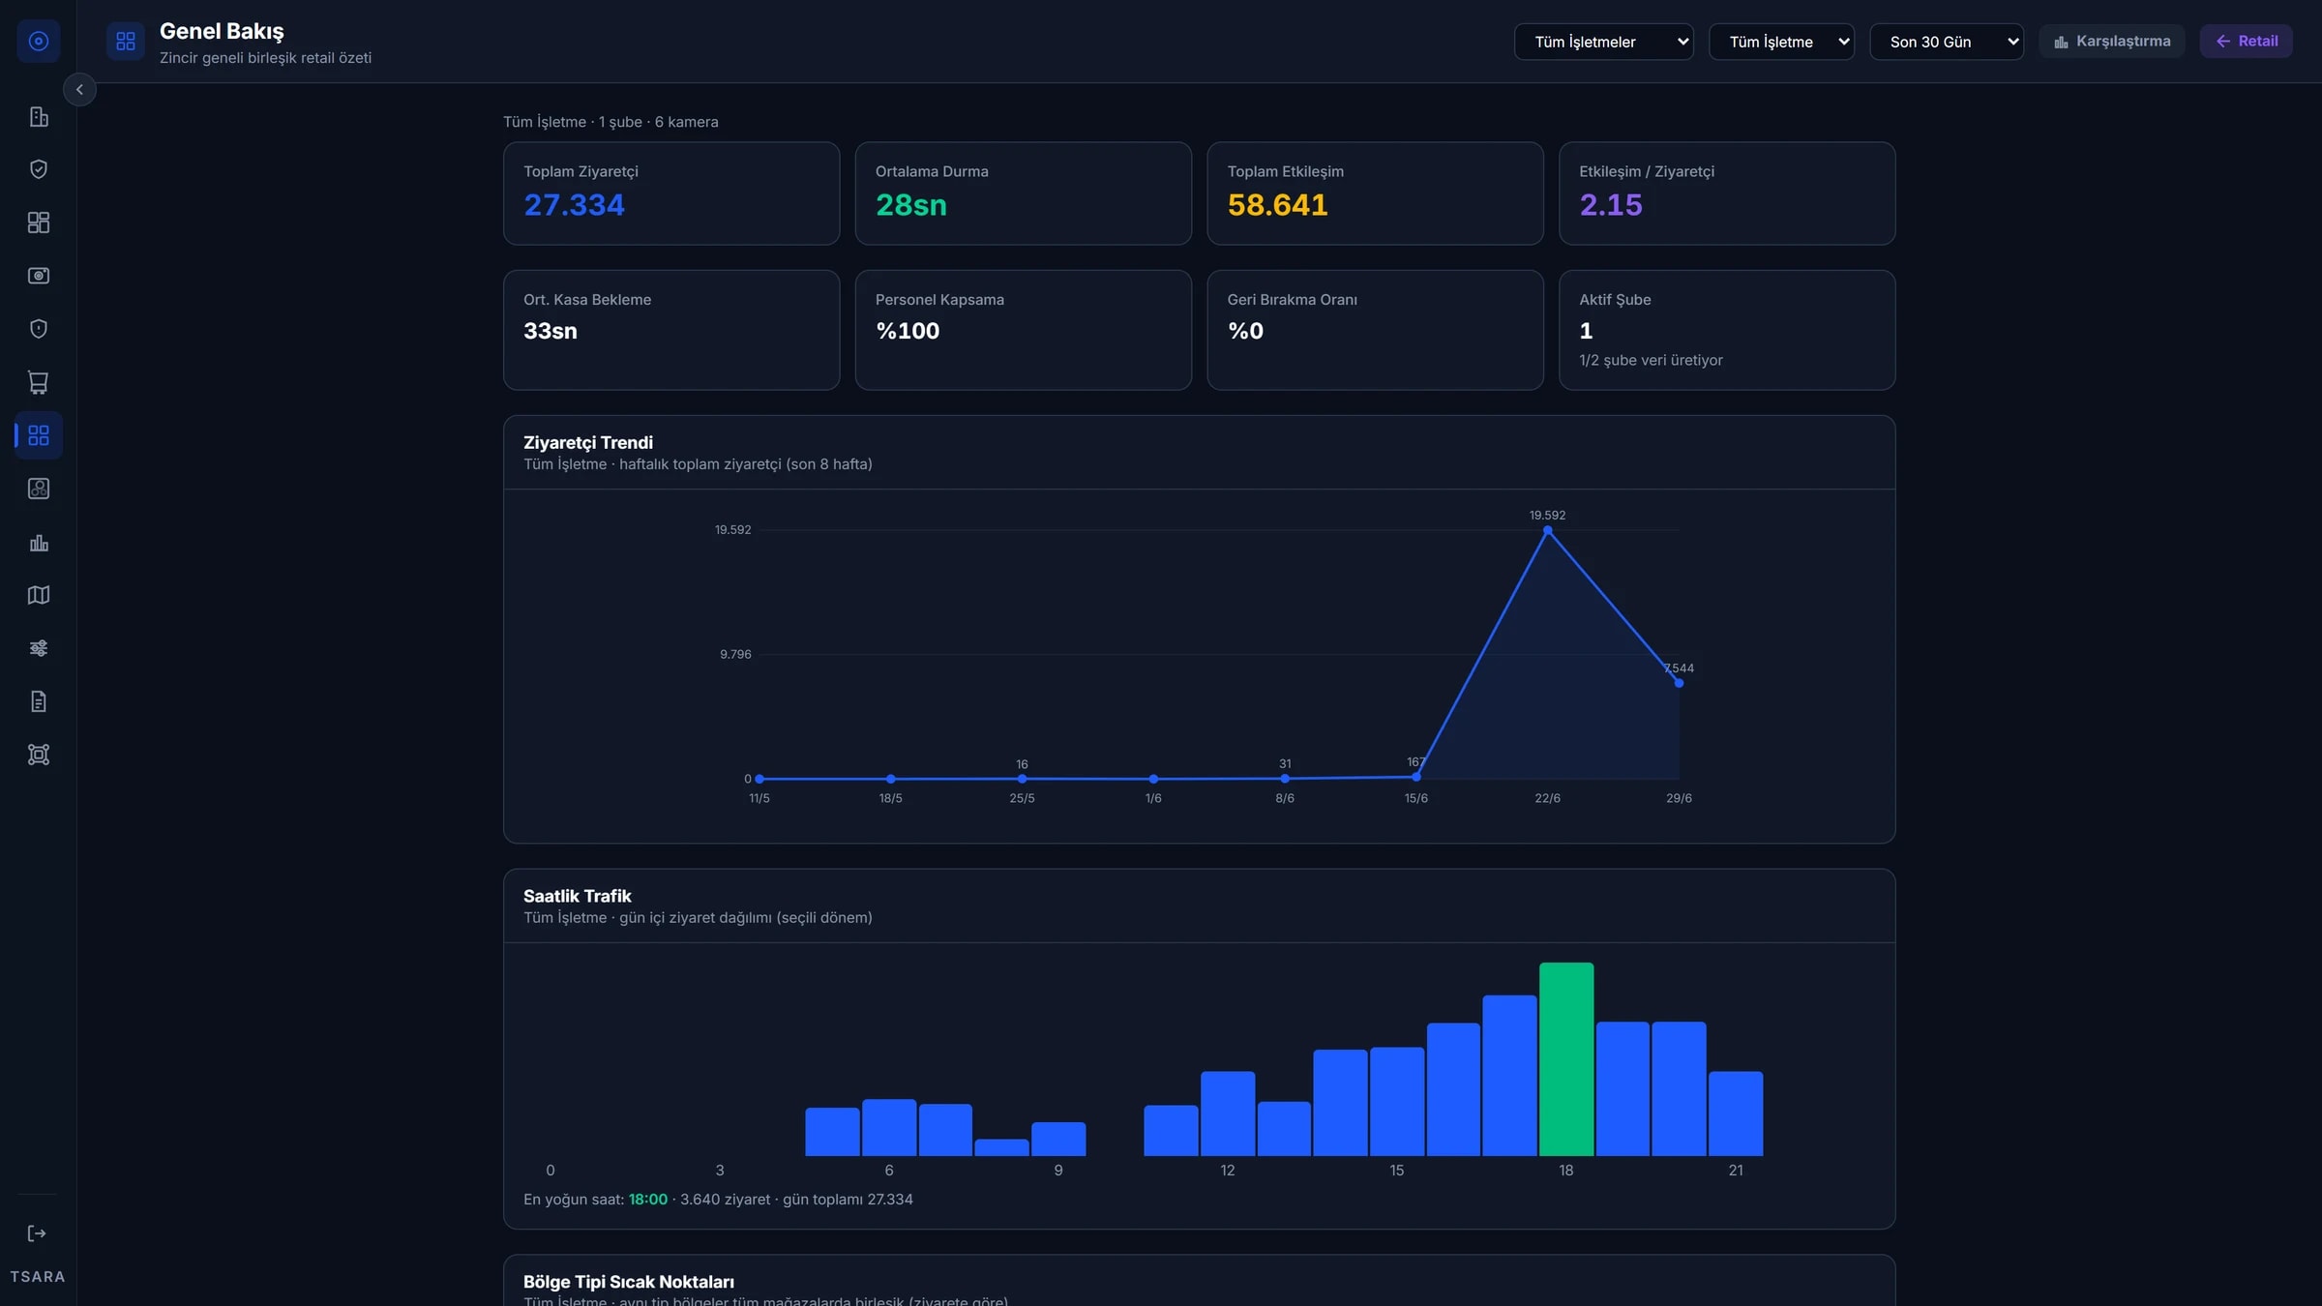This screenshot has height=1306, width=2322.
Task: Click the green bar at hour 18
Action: [1566, 1058]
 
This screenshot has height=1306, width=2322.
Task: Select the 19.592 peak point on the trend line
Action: [1548, 530]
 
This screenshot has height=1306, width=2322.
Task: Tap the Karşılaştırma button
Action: [2112, 42]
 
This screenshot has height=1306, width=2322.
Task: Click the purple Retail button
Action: [2247, 42]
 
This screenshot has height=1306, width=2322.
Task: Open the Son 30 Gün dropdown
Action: [1947, 42]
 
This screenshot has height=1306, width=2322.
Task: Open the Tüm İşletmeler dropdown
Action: [1604, 42]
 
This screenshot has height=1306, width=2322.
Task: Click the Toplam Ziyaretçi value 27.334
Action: [574, 205]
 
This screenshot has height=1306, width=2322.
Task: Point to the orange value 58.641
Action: [1277, 205]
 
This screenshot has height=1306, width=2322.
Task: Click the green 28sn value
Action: [911, 205]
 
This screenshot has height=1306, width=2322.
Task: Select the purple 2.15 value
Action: [1611, 205]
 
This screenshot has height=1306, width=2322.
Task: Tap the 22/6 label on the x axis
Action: [1547, 798]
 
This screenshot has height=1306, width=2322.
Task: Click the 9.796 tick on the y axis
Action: [735, 655]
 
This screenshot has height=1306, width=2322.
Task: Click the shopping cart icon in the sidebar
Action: [39, 382]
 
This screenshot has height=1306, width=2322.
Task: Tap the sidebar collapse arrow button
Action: [79, 90]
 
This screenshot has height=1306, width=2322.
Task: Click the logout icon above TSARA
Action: [37, 1233]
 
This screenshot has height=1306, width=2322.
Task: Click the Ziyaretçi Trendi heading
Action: [588, 443]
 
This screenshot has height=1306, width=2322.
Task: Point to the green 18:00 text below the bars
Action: [648, 1200]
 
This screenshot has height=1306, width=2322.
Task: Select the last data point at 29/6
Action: [1679, 683]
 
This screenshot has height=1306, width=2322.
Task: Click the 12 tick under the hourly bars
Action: [1228, 1171]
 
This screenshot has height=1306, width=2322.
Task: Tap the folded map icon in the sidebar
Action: [39, 595]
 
